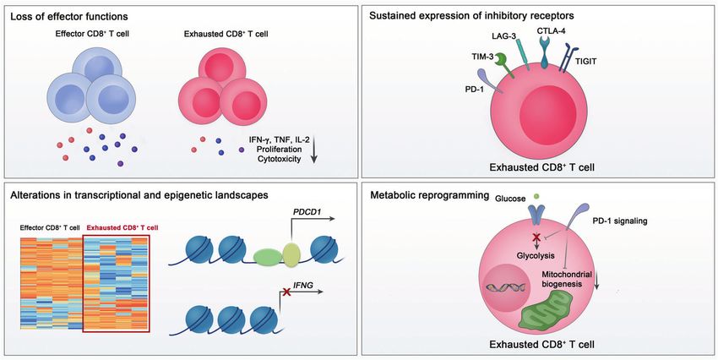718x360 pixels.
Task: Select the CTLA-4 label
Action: click(551, 31)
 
